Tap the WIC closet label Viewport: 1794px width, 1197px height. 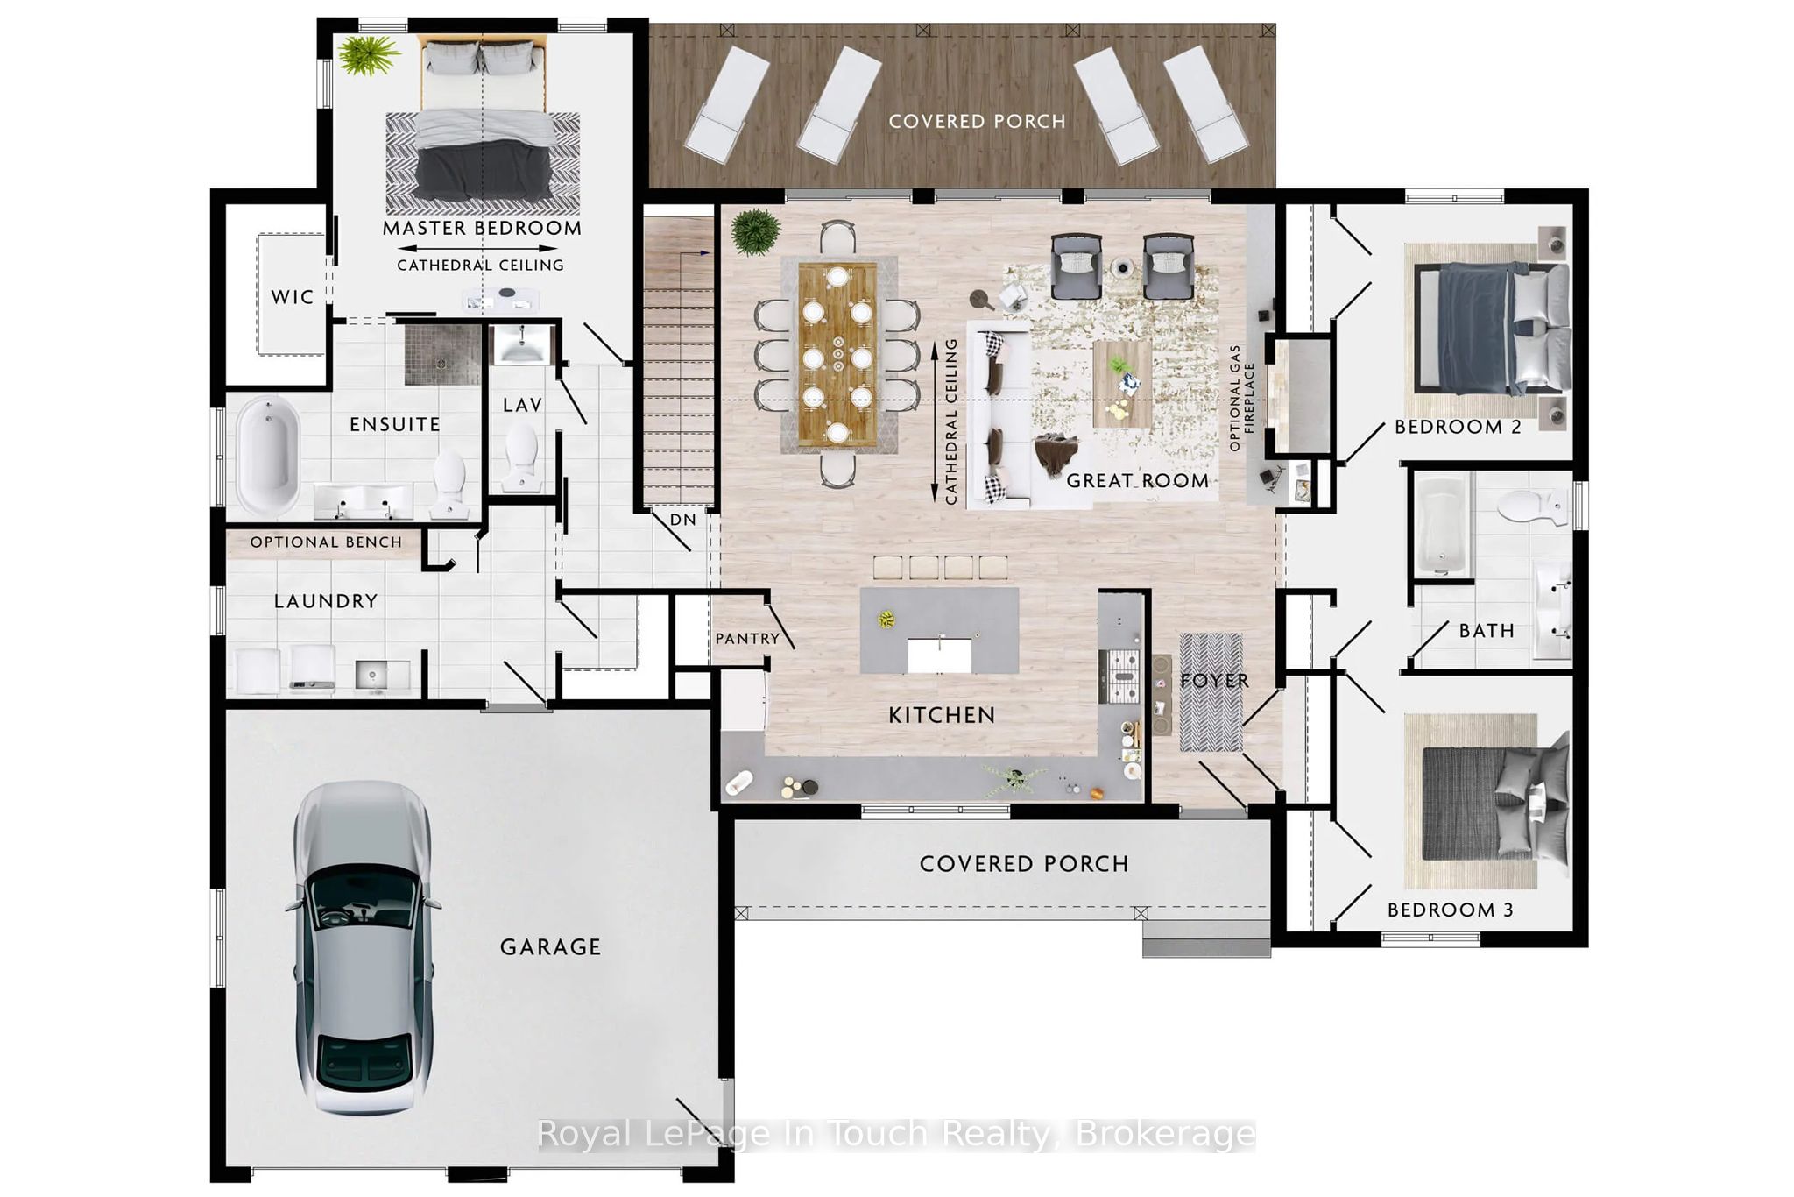click(293, 297)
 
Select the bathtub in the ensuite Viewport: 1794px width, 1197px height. click(267, 456)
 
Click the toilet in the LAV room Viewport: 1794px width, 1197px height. click(522, 457)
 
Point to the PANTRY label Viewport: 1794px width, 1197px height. click(747, 639)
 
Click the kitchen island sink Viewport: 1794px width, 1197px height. click(939, 655)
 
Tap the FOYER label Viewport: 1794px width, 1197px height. click(1214, 681)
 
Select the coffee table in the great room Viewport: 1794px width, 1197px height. click(1122, 384)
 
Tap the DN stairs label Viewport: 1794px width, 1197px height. click(683, 520)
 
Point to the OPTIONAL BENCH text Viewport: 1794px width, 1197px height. click(326, 542)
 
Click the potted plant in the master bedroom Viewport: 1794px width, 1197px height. click(369, 55)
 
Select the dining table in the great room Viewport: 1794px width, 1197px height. click(837, 354)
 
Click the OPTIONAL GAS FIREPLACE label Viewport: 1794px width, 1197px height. click(1241, 398)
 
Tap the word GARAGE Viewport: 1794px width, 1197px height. click(550, 947)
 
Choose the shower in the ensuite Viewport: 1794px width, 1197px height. click(443, 355)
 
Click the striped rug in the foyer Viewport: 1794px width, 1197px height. click(1211, 692)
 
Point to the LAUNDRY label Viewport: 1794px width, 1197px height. click(326, 601)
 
